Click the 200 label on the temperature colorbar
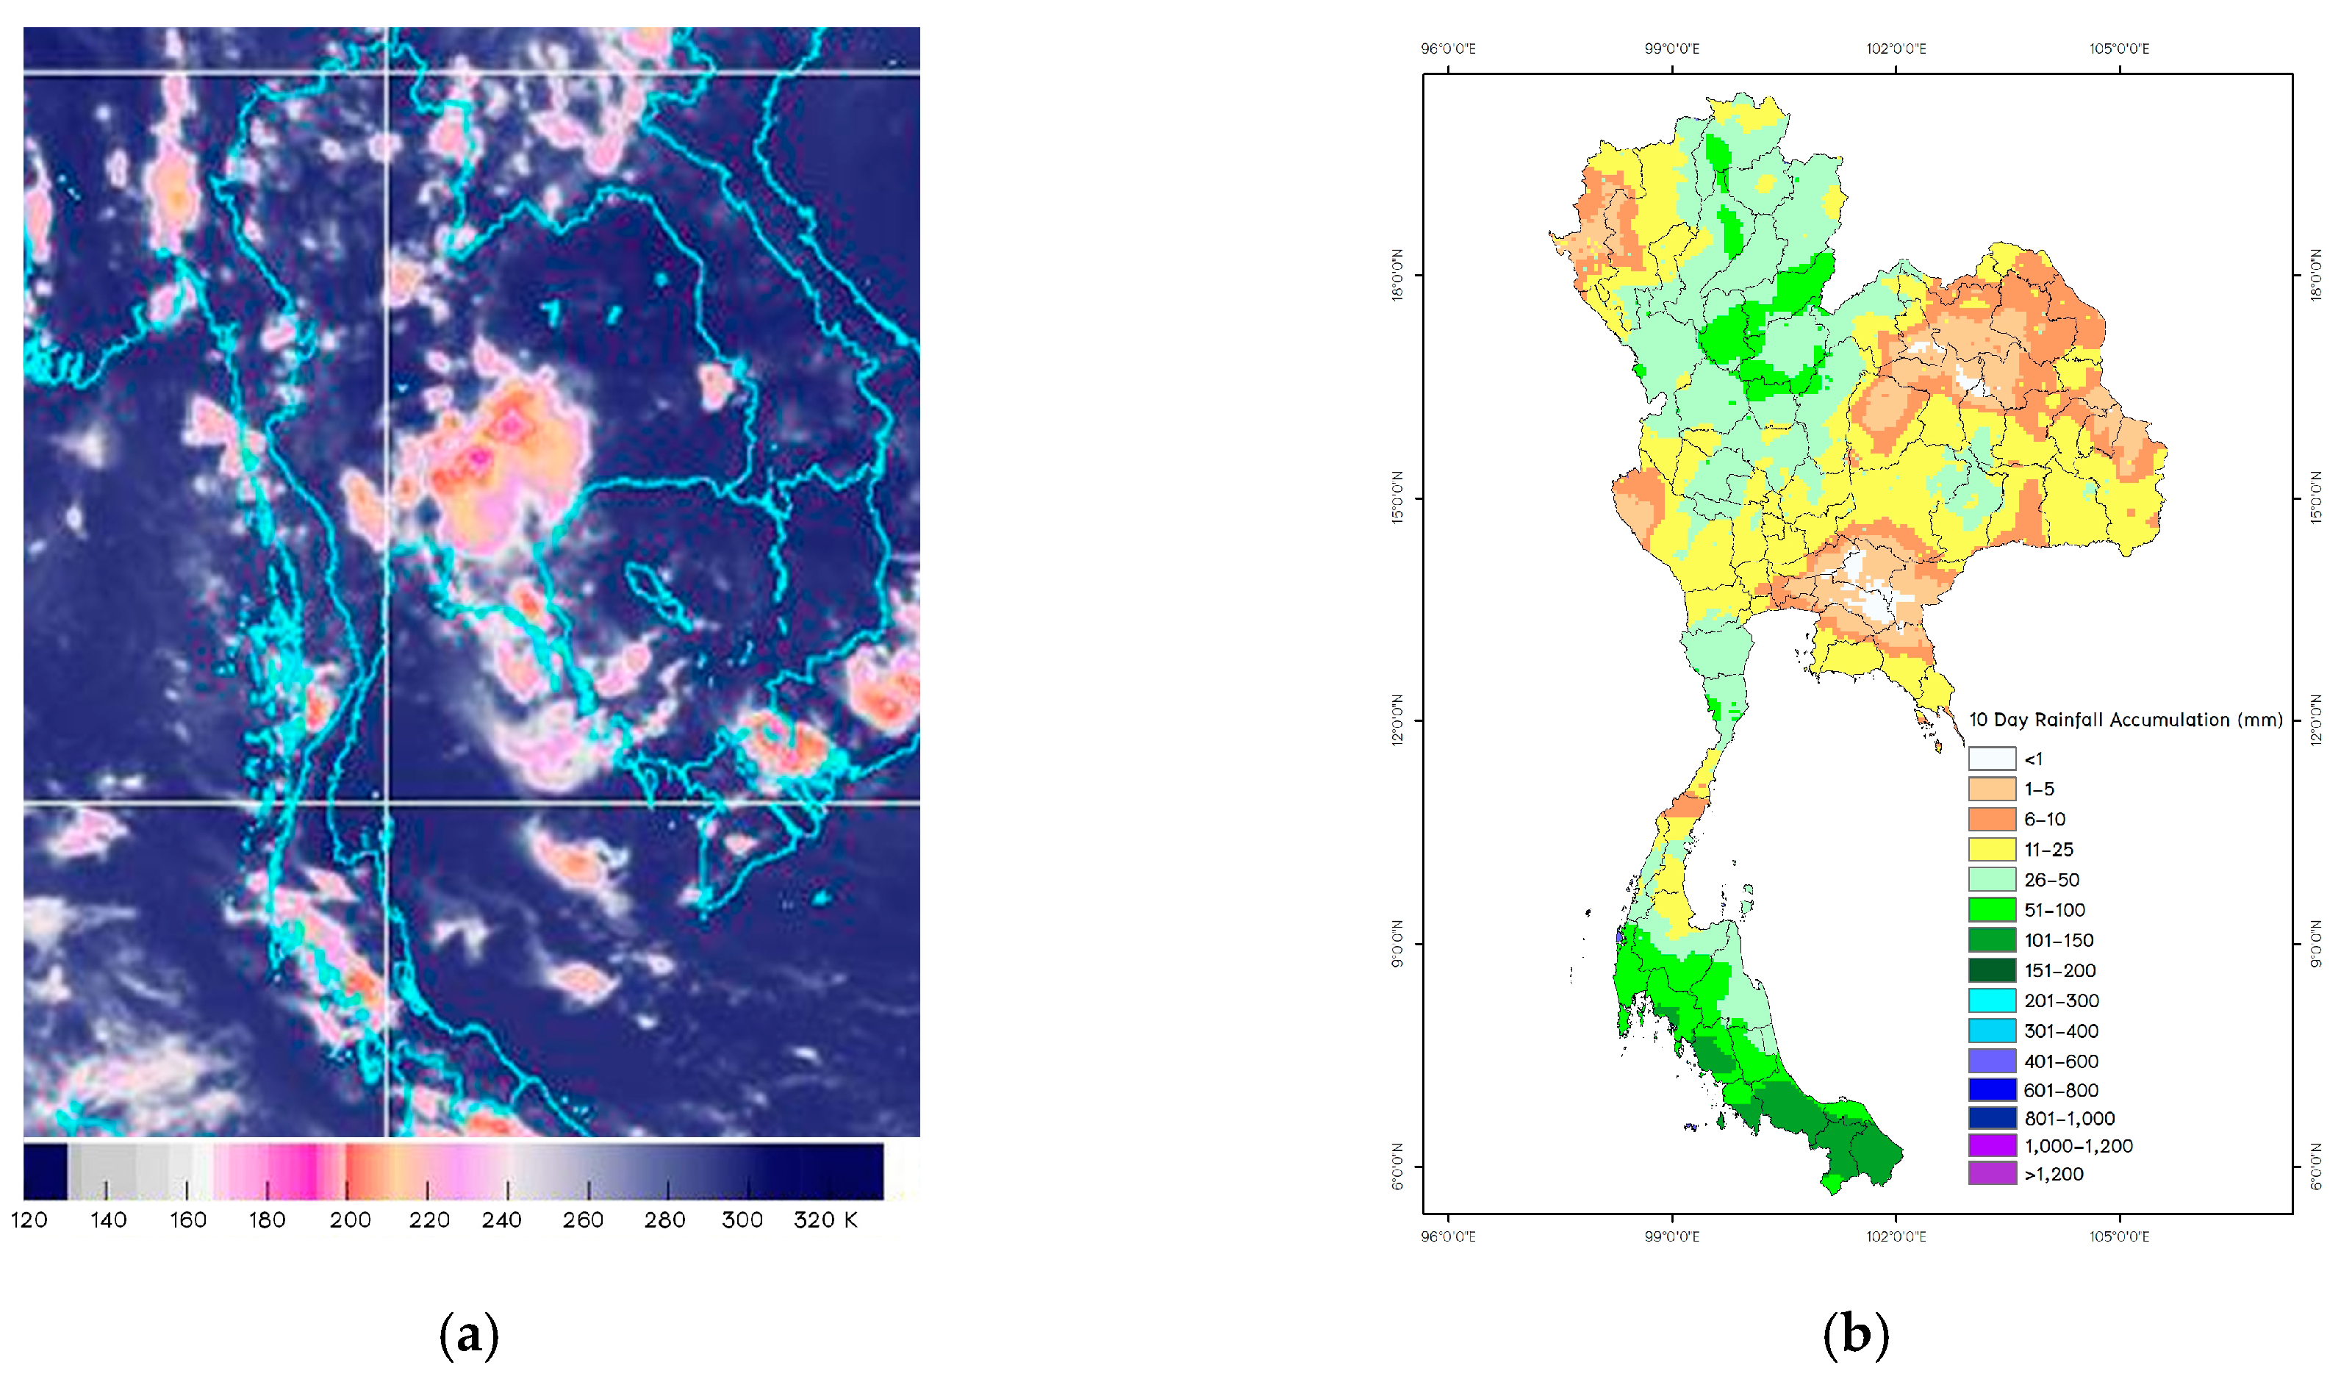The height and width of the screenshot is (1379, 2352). pos(350,1220)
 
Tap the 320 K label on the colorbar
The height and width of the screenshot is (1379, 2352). pos(825,1220)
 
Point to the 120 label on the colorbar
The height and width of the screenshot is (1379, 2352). pos(29,1220)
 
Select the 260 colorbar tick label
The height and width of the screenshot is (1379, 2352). pos(584,1220)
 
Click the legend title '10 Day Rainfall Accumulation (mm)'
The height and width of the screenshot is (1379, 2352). pos(2125,720)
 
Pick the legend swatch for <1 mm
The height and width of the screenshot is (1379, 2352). pos(1992,759)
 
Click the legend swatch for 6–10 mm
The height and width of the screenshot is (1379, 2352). pos(1992,819)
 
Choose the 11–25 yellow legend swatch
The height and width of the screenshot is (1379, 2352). pos(1992,850)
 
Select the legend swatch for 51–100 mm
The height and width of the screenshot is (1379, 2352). pos(1992,909)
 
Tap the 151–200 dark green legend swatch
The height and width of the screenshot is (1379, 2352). pos(1992,970)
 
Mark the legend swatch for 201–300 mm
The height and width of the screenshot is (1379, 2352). pos(1992,1000)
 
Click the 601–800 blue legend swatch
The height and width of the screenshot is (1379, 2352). pos(1992,1089)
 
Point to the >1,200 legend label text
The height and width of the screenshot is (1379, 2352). pos(2054,1175)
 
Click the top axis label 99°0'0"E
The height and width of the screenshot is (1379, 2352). pos(1671,49)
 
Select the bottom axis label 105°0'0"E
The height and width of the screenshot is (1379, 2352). pos(2119,1237)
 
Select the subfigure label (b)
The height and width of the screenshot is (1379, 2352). pos(1855,1335)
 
